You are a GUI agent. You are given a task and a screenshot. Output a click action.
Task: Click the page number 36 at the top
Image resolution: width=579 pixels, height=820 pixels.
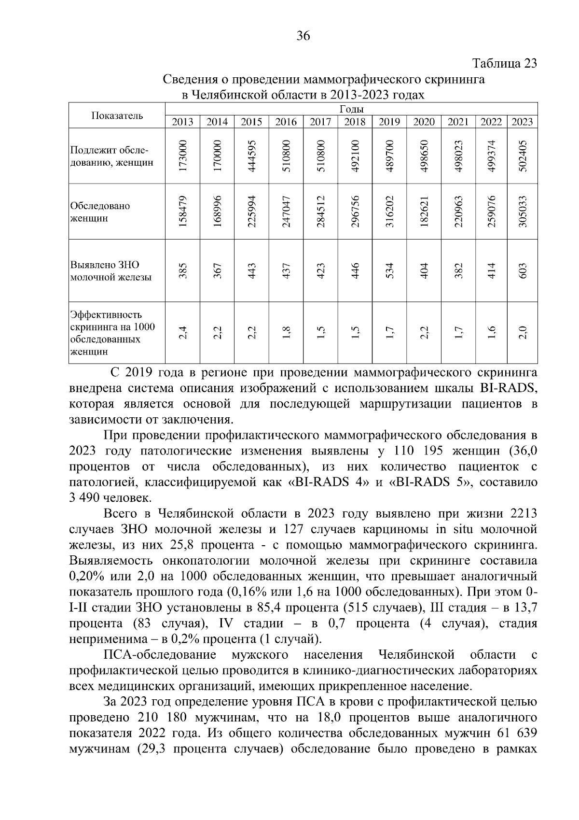[303, 36]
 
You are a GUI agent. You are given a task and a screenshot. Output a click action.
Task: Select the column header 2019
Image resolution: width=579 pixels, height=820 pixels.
[389, 122]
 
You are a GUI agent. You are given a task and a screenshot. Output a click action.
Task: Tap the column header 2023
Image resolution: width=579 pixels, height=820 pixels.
[522, 122]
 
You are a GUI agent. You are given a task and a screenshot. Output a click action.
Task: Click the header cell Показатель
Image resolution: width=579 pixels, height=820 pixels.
[117, 115]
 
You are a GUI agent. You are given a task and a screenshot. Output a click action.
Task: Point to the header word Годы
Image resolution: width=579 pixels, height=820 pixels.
[351, 109]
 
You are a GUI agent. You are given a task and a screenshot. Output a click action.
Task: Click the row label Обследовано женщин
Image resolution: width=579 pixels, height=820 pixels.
[100, 212]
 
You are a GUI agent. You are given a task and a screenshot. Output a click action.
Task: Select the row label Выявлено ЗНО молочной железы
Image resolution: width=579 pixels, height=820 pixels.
[111, 271]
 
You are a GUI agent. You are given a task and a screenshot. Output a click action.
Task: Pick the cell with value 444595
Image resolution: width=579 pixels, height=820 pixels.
[252, 156]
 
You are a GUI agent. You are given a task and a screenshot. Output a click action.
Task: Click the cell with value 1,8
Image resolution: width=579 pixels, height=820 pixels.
[286, 333]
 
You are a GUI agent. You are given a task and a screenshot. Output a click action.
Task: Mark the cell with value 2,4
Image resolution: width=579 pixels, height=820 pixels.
[183, 333]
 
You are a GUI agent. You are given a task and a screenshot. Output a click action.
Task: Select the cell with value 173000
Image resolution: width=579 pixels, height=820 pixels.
[183, 156]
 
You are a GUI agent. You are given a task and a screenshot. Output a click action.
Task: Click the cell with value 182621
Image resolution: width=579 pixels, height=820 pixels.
[424, 212]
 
